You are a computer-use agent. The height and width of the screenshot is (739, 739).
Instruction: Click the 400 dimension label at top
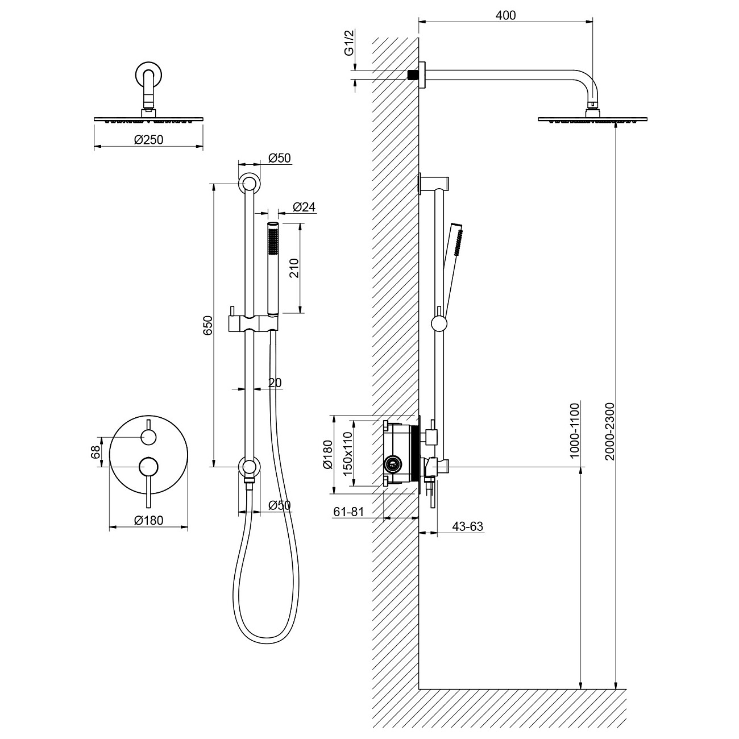click(x=505, y=15)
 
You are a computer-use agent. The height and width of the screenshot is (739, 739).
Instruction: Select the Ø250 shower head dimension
click(x=148, y=139)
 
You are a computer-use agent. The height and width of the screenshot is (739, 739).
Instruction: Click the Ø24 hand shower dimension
click(x=304, y=207)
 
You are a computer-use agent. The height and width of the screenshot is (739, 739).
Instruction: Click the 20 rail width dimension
click(x=275, y=383)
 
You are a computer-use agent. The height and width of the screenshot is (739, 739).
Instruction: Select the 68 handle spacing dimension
click(x=96, y=452)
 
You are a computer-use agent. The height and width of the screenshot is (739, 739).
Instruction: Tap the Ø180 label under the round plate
click(x=148, y=520)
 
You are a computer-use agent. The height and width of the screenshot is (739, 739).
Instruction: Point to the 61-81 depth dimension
click(x=348, y=512)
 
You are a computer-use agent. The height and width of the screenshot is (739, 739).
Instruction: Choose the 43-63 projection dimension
click(x=467, y=527)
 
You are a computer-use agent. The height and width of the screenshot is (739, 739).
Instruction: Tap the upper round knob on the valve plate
click(x=148, y=437)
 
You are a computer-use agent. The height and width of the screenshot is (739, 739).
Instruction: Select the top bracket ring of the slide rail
click(x=248, y=184)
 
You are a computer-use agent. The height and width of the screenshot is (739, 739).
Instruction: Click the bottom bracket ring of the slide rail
click(x=248, y=467)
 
